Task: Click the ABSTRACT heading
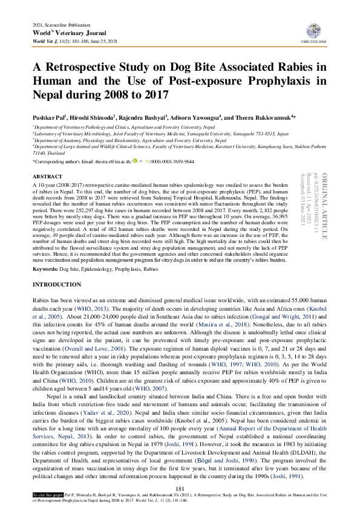(x=44, y=176)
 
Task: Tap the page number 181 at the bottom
(x=179, y=488)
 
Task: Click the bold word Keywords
(x=45, y=268)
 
